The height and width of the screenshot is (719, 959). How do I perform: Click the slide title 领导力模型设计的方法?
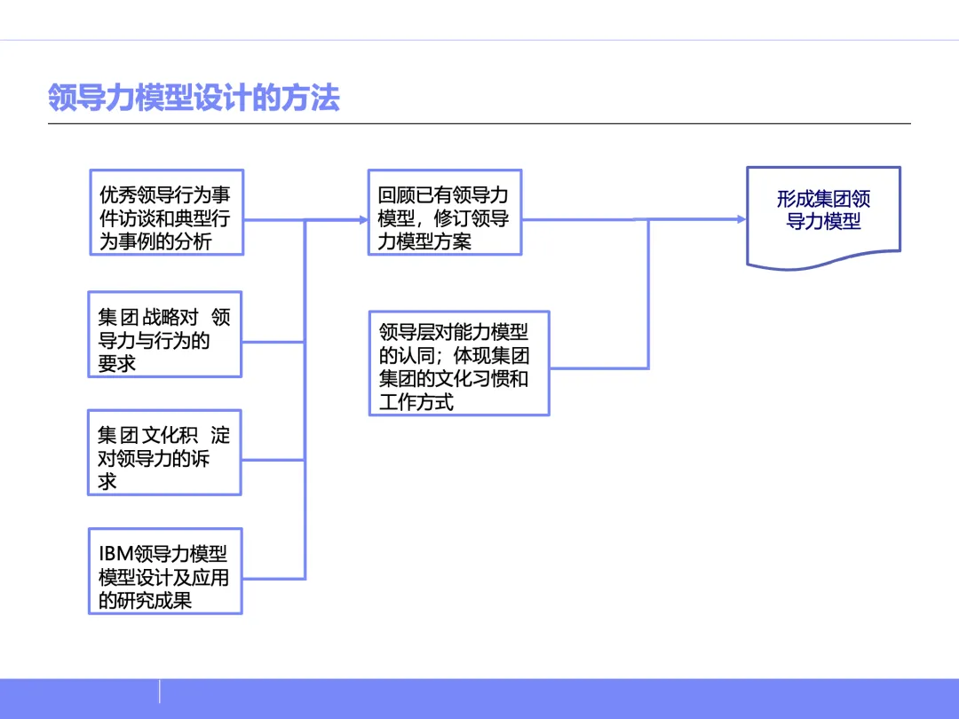pos(194,98)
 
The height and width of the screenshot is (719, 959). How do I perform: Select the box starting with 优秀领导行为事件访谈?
pos(166,212)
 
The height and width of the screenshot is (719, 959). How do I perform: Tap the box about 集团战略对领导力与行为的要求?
pos(165,334)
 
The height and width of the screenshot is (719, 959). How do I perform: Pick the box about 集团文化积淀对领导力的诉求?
pos(165,452)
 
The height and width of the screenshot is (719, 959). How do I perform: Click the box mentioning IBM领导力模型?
pos(165,571)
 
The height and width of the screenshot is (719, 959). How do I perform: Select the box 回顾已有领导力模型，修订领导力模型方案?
pos(445,212)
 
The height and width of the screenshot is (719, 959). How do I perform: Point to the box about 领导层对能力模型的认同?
pos(459,363)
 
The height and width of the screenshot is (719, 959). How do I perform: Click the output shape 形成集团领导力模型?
pos(823,213)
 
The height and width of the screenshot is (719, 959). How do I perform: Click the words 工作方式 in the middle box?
pos(416,403)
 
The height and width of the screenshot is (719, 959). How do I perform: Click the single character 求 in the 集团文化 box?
pos(107,482)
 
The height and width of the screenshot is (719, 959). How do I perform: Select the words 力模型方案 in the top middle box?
pos(424,241)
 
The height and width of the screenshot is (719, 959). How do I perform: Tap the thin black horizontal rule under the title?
pos(479,123)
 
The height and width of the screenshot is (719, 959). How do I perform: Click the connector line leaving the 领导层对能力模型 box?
pos(599,367)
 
